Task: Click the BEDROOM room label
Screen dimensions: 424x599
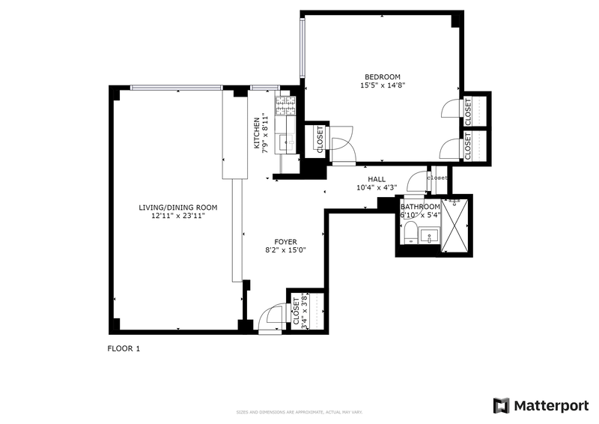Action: click(382, 76)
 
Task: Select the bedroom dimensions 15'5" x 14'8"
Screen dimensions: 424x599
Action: click(382, 85)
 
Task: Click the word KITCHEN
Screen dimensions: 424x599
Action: click(256, 133)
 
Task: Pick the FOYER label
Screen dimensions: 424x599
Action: click(285, 242)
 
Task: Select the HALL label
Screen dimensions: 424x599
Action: click(376, 179)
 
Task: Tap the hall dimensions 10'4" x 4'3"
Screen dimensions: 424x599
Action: click(376, 188)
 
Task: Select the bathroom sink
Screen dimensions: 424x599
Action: click(431, 237)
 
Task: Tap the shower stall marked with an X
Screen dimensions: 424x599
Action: click(455, 224)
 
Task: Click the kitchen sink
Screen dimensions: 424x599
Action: click(285, 142)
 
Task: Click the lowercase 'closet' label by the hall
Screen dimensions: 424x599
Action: click(437, 178)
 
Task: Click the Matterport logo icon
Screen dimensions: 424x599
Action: click(501, 405)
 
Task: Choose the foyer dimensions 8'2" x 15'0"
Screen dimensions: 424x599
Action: click(285, 251)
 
